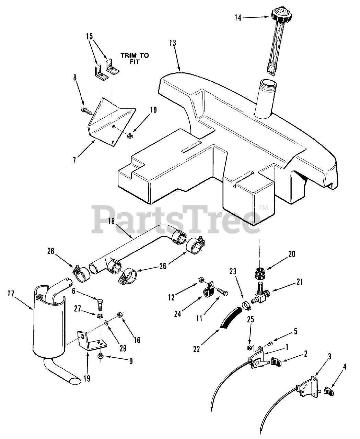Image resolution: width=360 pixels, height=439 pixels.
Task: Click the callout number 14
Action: click(x=238, y=17)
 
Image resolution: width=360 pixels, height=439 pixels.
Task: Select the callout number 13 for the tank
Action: click(x=173, y=43)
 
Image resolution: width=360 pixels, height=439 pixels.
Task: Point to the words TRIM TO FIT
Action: click(x=135, y=59)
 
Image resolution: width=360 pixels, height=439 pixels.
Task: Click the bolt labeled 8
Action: click(x=86, y=111)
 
